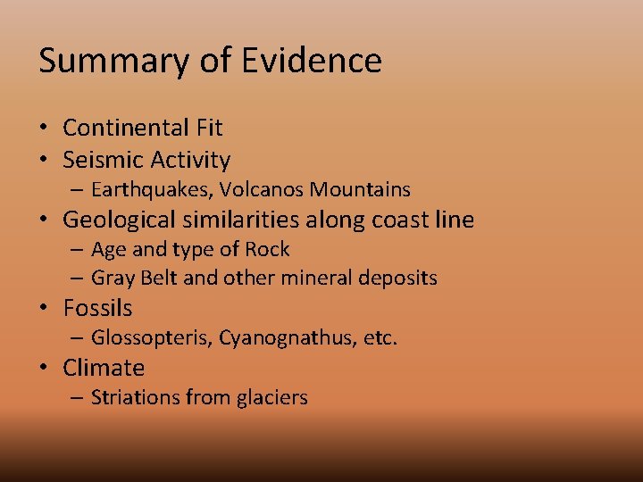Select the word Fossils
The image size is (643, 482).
pos(97,308)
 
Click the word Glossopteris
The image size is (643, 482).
pos(152,337)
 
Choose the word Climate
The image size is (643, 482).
pos(104,368)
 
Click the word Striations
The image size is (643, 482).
pos(132,397)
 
